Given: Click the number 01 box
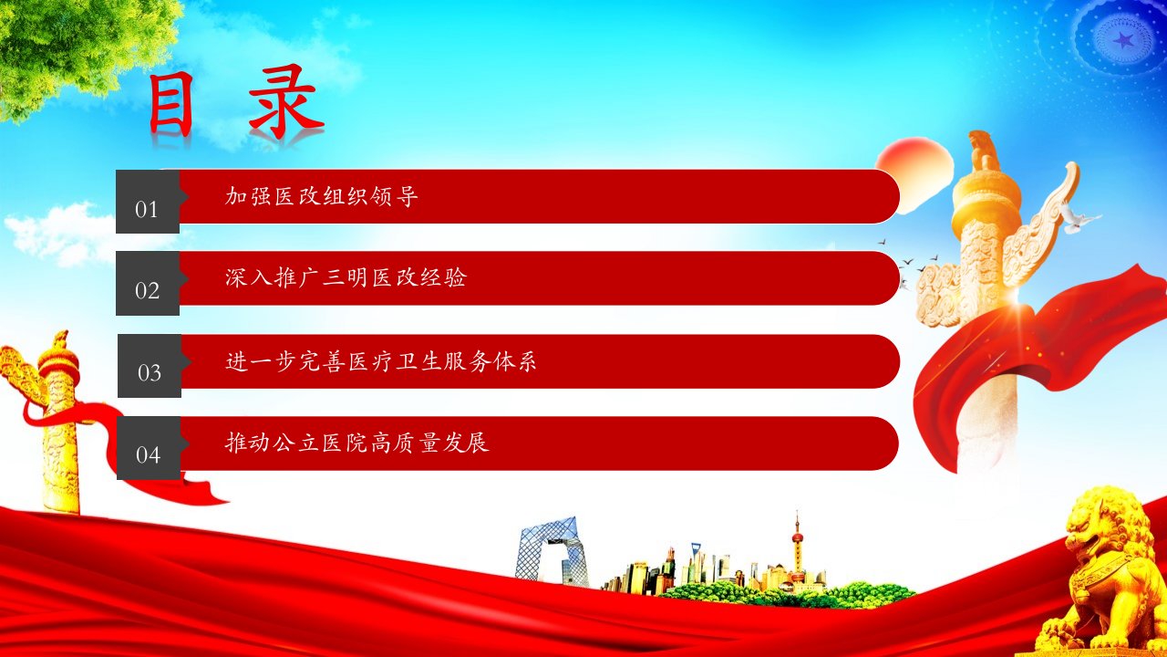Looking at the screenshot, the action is click(148, 202).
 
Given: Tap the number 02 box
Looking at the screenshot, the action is click(148, 283).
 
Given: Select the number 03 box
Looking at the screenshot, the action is click(150, 366).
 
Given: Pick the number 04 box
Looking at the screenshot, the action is click(149, 448).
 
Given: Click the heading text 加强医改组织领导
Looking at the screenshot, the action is click(322, 196).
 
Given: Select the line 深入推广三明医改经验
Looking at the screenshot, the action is click(346, 277).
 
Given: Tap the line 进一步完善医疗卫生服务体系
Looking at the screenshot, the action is click(381, 360).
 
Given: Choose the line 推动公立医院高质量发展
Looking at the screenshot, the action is click(356, 443).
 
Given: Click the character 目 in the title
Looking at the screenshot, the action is click(170, 104).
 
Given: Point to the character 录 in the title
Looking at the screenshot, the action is click(285, 101).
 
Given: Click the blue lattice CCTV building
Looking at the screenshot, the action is click(552, 553).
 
